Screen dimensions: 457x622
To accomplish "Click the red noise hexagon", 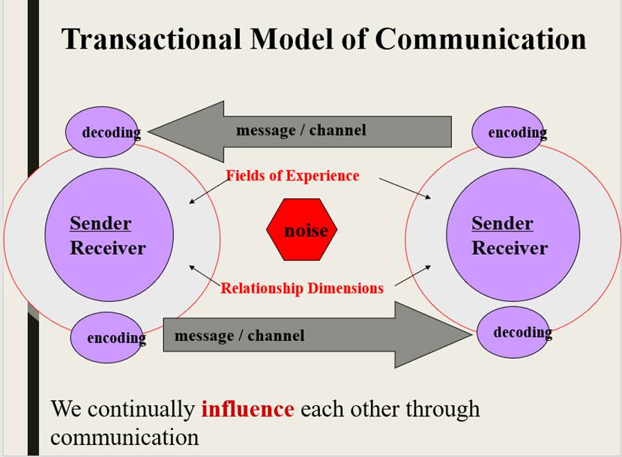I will [x=303, y=230].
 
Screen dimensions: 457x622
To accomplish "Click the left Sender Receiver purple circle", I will [x=109, y=234].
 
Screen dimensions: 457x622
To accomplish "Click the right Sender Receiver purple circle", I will [x=513, y=234].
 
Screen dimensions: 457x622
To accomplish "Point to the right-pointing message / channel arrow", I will [x=315, y=335].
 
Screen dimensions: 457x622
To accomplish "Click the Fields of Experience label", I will [x=293, y=176].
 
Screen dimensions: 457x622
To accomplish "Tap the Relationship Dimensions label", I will [x=302, y=288].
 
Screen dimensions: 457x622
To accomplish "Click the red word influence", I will [x=247, y=410].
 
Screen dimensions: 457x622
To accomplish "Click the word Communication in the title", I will [x=480, y=39].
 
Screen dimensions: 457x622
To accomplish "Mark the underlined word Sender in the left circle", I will [x=100, y=223].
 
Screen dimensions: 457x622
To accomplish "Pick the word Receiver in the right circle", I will [x=510, y=248].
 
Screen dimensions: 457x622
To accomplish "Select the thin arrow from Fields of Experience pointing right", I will [x=405, y=188].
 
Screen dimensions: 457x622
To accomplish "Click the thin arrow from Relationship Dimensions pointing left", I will [x=204, y=276].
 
